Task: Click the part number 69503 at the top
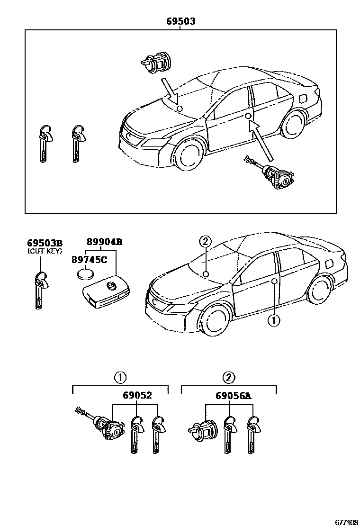coord(180,21)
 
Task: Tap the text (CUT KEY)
coord(44,251)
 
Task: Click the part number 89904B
coord(104,242)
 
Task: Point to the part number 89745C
coord(89,259)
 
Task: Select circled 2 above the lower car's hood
coord(205,242)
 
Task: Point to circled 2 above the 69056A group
coord(228,378)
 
